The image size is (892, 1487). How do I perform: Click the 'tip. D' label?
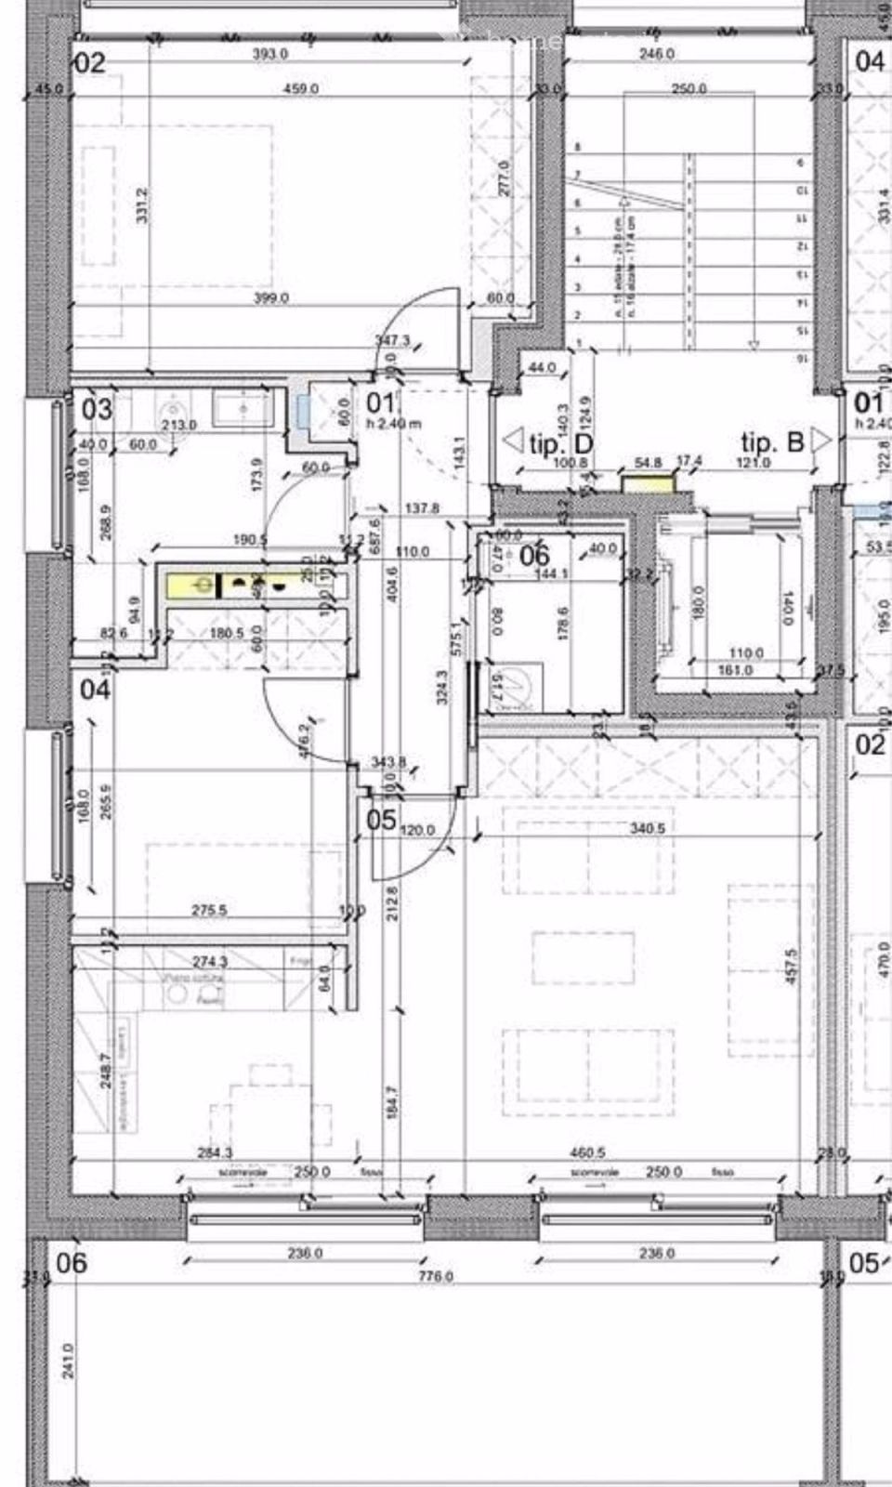click(x=560, y=443)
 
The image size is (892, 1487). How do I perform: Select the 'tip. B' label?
click(x=771, y=442)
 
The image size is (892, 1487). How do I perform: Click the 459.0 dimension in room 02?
click(x=300, y=89)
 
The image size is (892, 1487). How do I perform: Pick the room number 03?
click(x=97, y=408)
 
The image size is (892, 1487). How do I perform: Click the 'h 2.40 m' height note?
click(x=393, y=424)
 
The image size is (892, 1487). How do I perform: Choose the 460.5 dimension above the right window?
click(x=586, y=1152)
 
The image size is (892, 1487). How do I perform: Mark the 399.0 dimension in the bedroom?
click(x=271, y=298)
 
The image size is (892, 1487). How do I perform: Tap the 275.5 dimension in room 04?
click(x=209, y=910)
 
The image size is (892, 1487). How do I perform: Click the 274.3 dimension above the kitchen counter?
click(x=209, y=961)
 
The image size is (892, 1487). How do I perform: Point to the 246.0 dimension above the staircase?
click(x=656, y=55)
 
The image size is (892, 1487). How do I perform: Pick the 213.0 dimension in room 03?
click(x=178, y=425)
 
